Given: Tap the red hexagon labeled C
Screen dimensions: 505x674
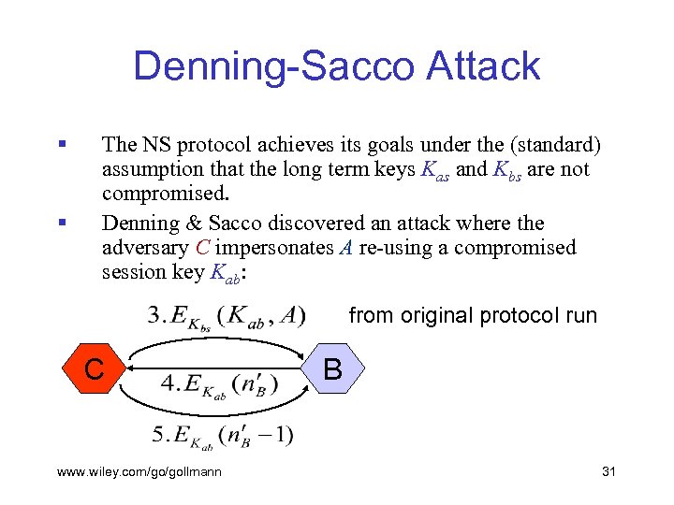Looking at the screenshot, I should [95, 368].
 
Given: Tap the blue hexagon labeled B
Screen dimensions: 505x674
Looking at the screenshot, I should [331, 368].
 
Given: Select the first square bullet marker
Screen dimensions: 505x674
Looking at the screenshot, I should [61, 145].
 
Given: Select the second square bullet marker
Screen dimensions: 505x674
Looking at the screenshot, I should [61, 223].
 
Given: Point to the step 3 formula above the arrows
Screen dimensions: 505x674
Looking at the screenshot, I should [226, 318].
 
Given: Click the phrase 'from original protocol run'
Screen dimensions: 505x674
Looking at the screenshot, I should [472, 315].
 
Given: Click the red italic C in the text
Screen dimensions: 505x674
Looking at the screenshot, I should [202, 249].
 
